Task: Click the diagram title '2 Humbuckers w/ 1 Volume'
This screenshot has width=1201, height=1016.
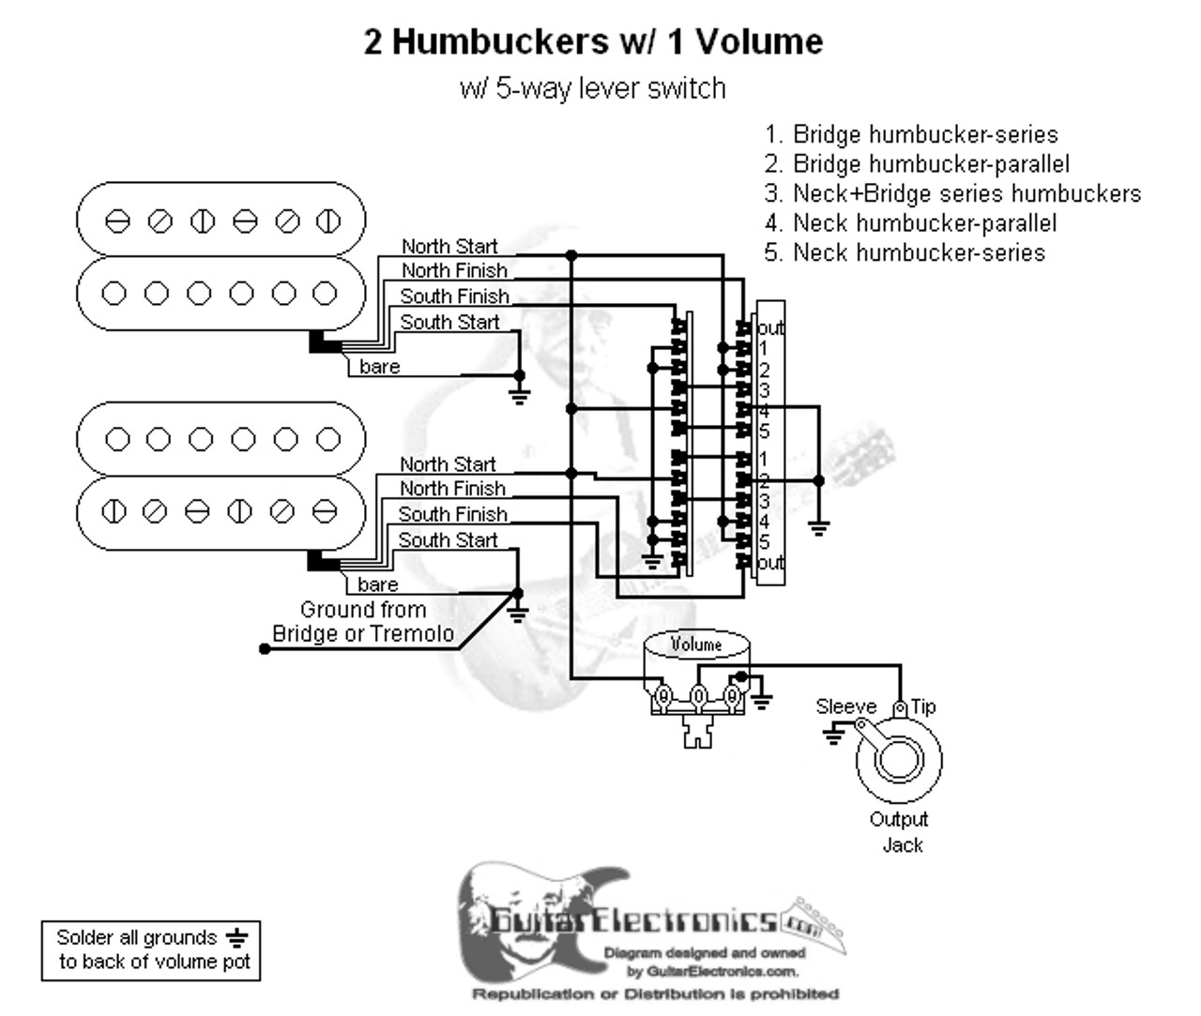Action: (593, 42)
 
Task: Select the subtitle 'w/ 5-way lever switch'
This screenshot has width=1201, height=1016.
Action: (593, 89)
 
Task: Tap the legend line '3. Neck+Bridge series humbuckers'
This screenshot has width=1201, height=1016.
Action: (953, 193)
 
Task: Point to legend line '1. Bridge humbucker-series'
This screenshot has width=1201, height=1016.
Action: (911, 134)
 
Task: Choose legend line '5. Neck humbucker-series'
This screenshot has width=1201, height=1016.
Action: (905, 252)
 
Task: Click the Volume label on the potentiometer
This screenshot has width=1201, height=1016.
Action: (696, 644)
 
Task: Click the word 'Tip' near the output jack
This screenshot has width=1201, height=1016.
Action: (923, 706)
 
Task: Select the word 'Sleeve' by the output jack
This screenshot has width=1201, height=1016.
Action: (846, 706)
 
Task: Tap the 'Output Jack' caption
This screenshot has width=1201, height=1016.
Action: (900, 832)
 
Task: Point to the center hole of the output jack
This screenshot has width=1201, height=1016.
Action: (899, 761)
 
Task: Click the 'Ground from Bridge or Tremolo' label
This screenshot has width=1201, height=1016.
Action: (363, 622)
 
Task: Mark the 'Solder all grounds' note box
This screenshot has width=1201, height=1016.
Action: (151, 949)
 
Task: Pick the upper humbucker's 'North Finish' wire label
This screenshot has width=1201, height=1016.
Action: (454, 271)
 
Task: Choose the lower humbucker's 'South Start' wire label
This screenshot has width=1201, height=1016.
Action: (448, 540)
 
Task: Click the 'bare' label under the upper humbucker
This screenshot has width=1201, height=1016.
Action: (380, 367)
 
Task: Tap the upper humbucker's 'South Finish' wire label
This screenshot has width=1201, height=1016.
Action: (454, 296)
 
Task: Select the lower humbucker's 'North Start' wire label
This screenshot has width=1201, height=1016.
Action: (448, 464)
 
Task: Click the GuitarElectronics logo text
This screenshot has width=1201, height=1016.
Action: (633, 920)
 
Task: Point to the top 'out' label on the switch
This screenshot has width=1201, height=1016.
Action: (771, 328)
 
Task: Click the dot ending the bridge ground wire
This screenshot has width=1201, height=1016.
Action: (265, 649)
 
